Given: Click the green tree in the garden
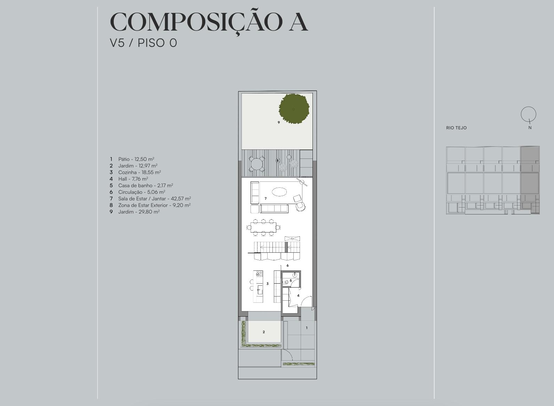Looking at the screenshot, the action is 294,109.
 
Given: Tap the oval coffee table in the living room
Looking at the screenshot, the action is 279,192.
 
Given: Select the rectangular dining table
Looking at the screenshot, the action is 263,227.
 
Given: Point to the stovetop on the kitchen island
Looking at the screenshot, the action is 259,274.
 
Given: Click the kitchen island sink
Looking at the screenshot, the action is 260,290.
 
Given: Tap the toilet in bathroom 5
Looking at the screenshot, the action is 286,282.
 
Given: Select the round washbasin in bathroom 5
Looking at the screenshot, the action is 295,275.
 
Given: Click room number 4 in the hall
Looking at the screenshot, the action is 298,295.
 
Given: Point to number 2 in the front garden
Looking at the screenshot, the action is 264,332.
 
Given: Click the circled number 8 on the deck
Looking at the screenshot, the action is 277,161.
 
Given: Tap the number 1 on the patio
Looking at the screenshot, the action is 307,328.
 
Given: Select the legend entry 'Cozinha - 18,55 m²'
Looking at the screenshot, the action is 140,172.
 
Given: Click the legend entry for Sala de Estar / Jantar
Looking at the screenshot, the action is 154,198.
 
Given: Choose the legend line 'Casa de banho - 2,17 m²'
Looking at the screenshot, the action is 145,185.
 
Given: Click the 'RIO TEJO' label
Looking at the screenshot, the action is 456,128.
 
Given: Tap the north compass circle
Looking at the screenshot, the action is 528,114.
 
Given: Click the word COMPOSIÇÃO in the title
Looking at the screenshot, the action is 196,23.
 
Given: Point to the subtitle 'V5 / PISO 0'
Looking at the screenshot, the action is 143,43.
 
